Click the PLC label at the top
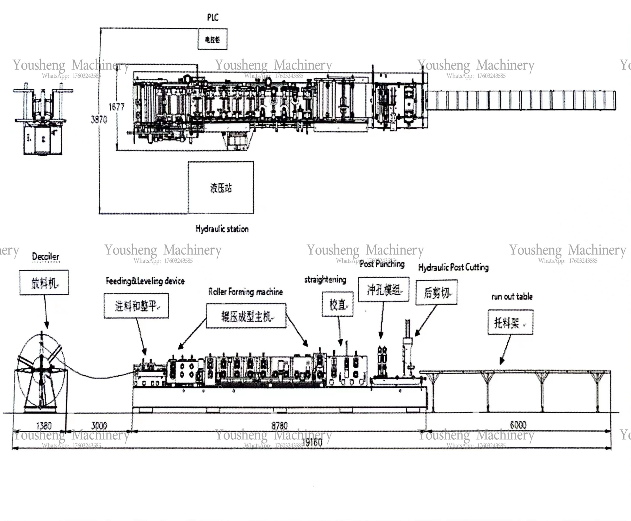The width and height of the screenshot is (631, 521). tap(213, 18)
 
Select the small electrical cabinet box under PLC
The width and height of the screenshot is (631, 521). tap(212, 39)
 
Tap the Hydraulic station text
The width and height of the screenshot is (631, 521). tap(222, 229)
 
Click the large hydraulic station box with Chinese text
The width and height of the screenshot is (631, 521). tap(221, 188)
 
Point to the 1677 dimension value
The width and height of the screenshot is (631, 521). tap(116, 107)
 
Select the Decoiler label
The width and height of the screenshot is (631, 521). tap(46, 257)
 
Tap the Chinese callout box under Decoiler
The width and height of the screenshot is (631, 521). tap(44, 282)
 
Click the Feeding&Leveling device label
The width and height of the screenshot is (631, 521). tap(145, 281)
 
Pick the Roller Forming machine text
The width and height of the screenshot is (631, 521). tap(245, 292)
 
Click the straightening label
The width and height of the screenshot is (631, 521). tap(325, 280)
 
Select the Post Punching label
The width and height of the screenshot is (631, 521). tap(382, 264)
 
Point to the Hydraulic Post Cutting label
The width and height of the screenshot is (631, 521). tap(453, 267)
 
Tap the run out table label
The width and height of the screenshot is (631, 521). tap(512, 297)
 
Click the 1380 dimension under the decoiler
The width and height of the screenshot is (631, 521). tap(44, 426)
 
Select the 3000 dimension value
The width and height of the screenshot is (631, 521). tap(99, 426)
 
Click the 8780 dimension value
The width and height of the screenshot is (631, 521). tap(279, 426)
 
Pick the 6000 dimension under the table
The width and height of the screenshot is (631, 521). tap(518, 425)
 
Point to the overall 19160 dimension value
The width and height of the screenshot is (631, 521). tap(312, 442)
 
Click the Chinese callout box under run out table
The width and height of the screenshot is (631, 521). tap(510, 322)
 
